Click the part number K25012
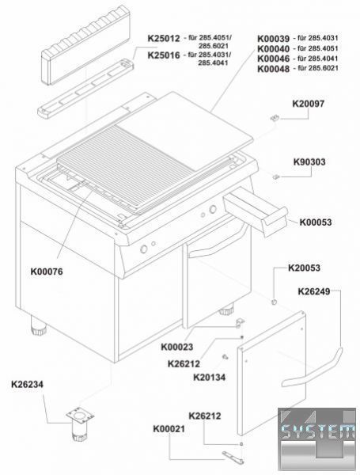pos(164,39)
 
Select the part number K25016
pos(164,55)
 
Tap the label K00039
pos(274,39)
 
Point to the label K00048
pos(274,68)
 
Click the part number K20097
pos(309,104)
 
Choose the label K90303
pos(309,161)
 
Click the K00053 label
pos(316,222)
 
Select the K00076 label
pos(47,272)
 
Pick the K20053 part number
pos(304,268)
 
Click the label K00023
pos(176,347)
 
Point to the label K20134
pos(209,378)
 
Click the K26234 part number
pos(27,385)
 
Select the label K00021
pos(169,429)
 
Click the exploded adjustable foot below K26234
pos(79,425)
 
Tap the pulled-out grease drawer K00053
pos(255,214)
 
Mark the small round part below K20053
pos(274,302)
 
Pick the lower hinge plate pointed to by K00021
pos(233,457)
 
